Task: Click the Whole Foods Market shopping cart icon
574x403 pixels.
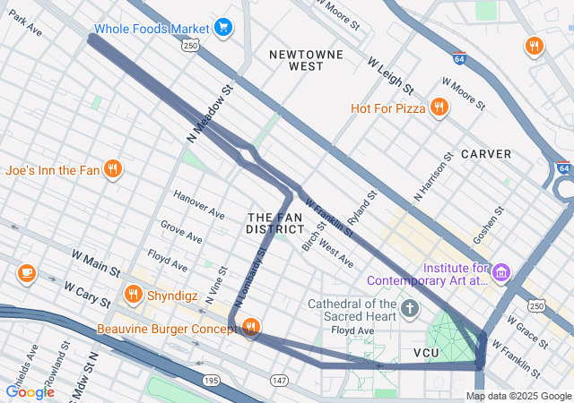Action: pyautogui.click(x=223, y=28)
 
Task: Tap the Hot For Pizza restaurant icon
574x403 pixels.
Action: pyautogui.click(x=439, y=108)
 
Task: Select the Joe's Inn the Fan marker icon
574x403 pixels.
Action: pyautogui.click(x=112, y=169)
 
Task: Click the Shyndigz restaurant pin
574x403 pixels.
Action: pyautogui.click(x=134, y=294)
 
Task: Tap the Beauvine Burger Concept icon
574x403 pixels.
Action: pyautogui.click(x=251, y=329)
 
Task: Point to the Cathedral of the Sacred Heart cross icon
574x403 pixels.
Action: pyautogui.click(x=410, y=309)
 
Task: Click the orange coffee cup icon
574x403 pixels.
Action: pyautogui.click(x=26, y=272)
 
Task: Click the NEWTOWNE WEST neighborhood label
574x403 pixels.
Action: pyautogui.click(x=307, y=60)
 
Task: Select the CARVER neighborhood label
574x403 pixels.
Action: pyautogui.click(x=486, y=154)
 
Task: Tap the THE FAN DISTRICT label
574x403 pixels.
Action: pyautogui.click(x=275, y=223)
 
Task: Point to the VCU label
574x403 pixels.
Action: pyautogui.click(x=426, y=353)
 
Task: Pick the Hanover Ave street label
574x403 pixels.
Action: pyautogui.click(x=199, y=205)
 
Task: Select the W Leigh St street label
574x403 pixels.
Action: pyautogui.click(x=390, y=76)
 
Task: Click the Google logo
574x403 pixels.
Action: pyautogui.click(x=30, y=391)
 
